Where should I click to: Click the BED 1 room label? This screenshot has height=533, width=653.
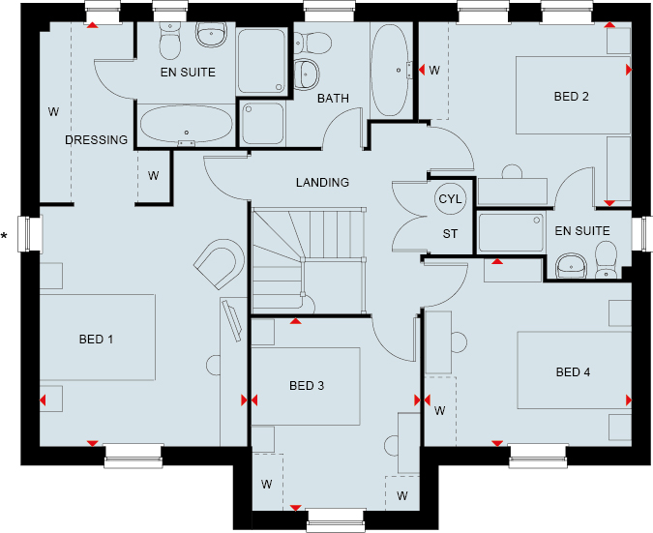tap(96, 340)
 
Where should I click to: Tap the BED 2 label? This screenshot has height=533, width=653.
tap(572, 97)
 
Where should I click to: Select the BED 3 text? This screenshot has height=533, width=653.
tap(307, 386)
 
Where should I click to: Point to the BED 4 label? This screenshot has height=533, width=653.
tap(573, 371)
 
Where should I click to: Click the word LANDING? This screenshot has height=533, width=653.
tap(323, 183)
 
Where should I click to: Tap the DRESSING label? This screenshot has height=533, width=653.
tap(96, 140)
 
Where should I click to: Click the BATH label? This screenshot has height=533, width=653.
tap(333, 99)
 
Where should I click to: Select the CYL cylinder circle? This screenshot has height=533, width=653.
tap(451, 199)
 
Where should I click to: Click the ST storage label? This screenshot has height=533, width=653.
tap(450, 234)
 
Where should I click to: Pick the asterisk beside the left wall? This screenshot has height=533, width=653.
tap(4, 236)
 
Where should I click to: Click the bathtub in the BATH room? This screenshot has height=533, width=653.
tap(390, 70)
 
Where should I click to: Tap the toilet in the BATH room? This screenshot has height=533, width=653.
tap(312, 43)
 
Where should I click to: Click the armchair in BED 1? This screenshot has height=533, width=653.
tap(220, 263)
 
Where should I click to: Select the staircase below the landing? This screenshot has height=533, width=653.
tap(309, 261)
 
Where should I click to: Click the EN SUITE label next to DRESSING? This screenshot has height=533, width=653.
tap(189, 73)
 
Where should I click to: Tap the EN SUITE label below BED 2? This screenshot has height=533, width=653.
tap(582, 230)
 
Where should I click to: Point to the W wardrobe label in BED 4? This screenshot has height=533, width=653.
tap(440, 411)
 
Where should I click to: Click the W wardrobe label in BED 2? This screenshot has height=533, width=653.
tap(434, 71)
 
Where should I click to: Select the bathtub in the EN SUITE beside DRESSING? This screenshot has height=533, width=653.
tap(186, 124)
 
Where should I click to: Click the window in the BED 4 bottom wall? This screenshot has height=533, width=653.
tap(538, 456)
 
